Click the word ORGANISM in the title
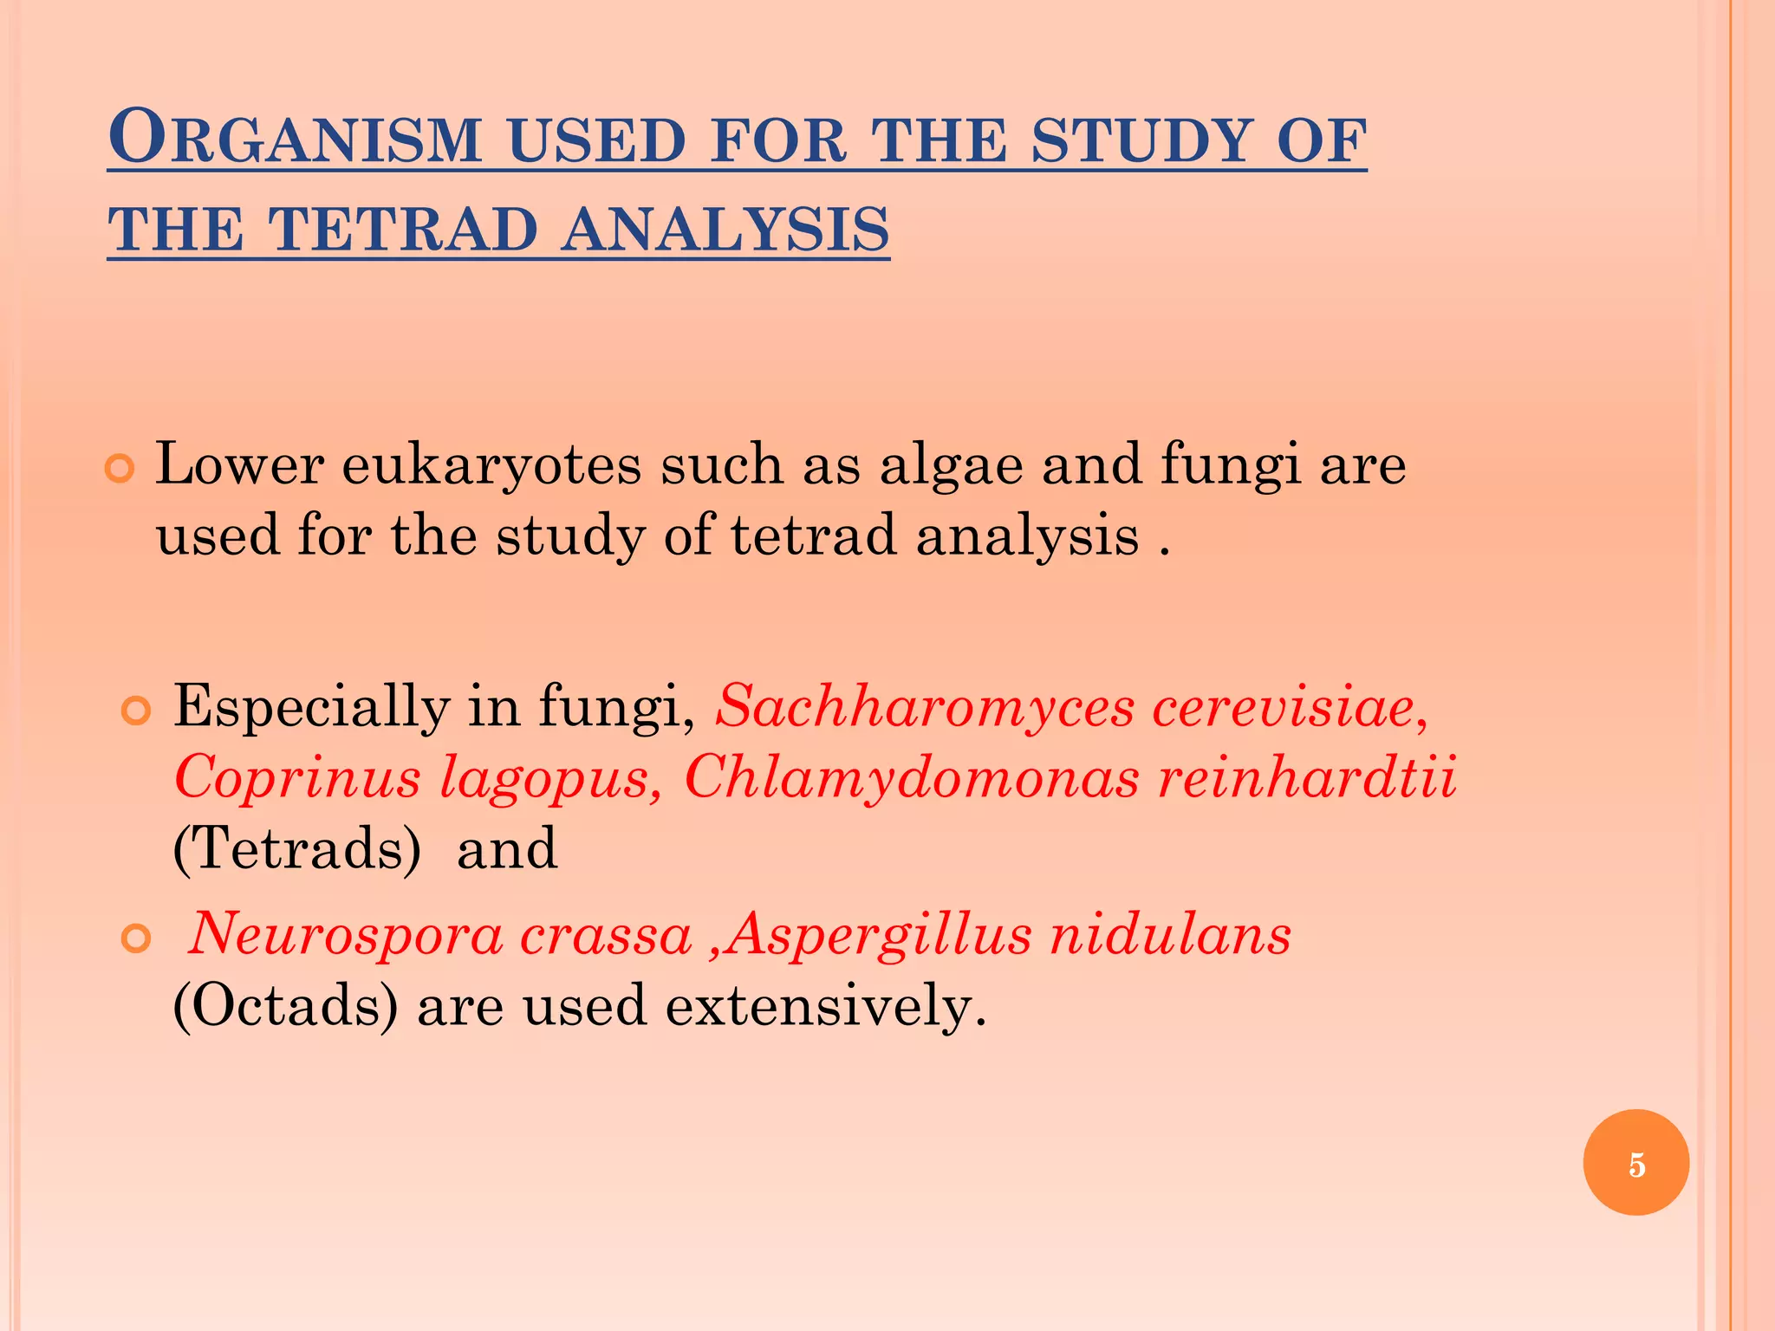click(x=295, y=139)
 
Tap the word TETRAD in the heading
click(x=404, y=230)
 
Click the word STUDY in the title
click(x=1142, y=140)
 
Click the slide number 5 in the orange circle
click(x=1635, y=1164)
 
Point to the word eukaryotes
click(x=491, y=465)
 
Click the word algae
click(x=951, y=465)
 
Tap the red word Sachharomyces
click(x=924, y=706)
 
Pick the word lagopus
click(x=551, y=777)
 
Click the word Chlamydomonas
click(x=911, y=777)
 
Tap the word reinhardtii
click(x=1306, y=777)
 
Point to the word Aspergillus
click(x=879, y=935)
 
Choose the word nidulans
click(x=1170, y=935)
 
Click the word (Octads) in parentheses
click(x=286, y=1006)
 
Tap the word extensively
click(x=826, y=1006)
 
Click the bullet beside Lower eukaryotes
click(x=120, y=469)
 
